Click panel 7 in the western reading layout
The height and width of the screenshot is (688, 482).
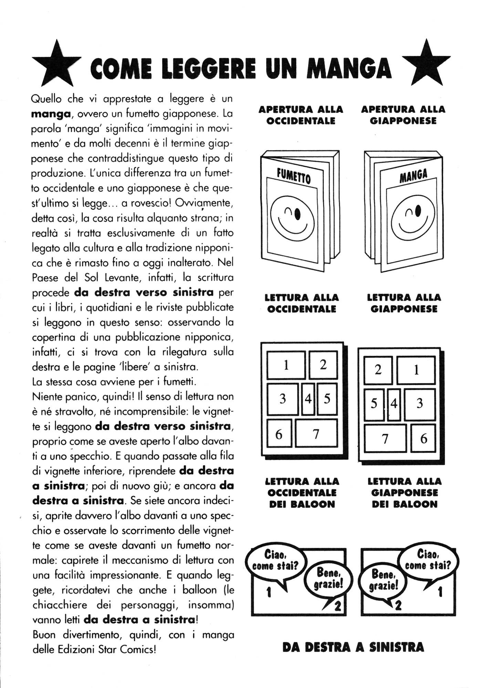[316, 433]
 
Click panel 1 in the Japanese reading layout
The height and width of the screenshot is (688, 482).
[416, 370]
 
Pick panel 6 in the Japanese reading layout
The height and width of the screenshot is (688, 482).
[423, 438]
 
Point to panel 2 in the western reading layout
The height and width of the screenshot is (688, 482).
[323, 364]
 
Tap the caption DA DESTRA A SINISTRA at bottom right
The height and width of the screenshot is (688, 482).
[353, 647]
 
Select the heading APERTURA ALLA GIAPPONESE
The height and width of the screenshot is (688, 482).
[403, 115]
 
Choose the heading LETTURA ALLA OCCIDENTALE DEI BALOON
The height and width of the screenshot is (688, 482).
[302, 492]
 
